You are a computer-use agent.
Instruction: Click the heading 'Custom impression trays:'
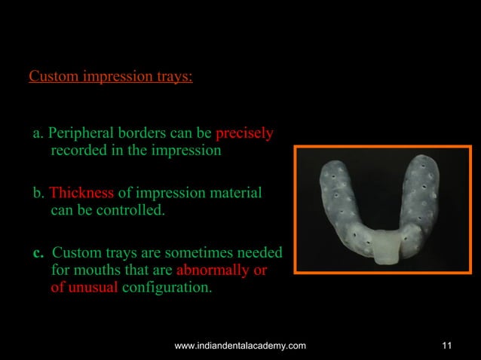tap(110, 77)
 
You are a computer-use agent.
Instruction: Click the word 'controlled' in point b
tap(127, 210)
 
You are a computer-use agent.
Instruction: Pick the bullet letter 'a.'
tap(38, 135)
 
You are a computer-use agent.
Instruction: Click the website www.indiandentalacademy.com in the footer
tap(240, 345)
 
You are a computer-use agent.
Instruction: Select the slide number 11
tap(448, 345)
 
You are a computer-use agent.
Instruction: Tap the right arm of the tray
tap(424, 197)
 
